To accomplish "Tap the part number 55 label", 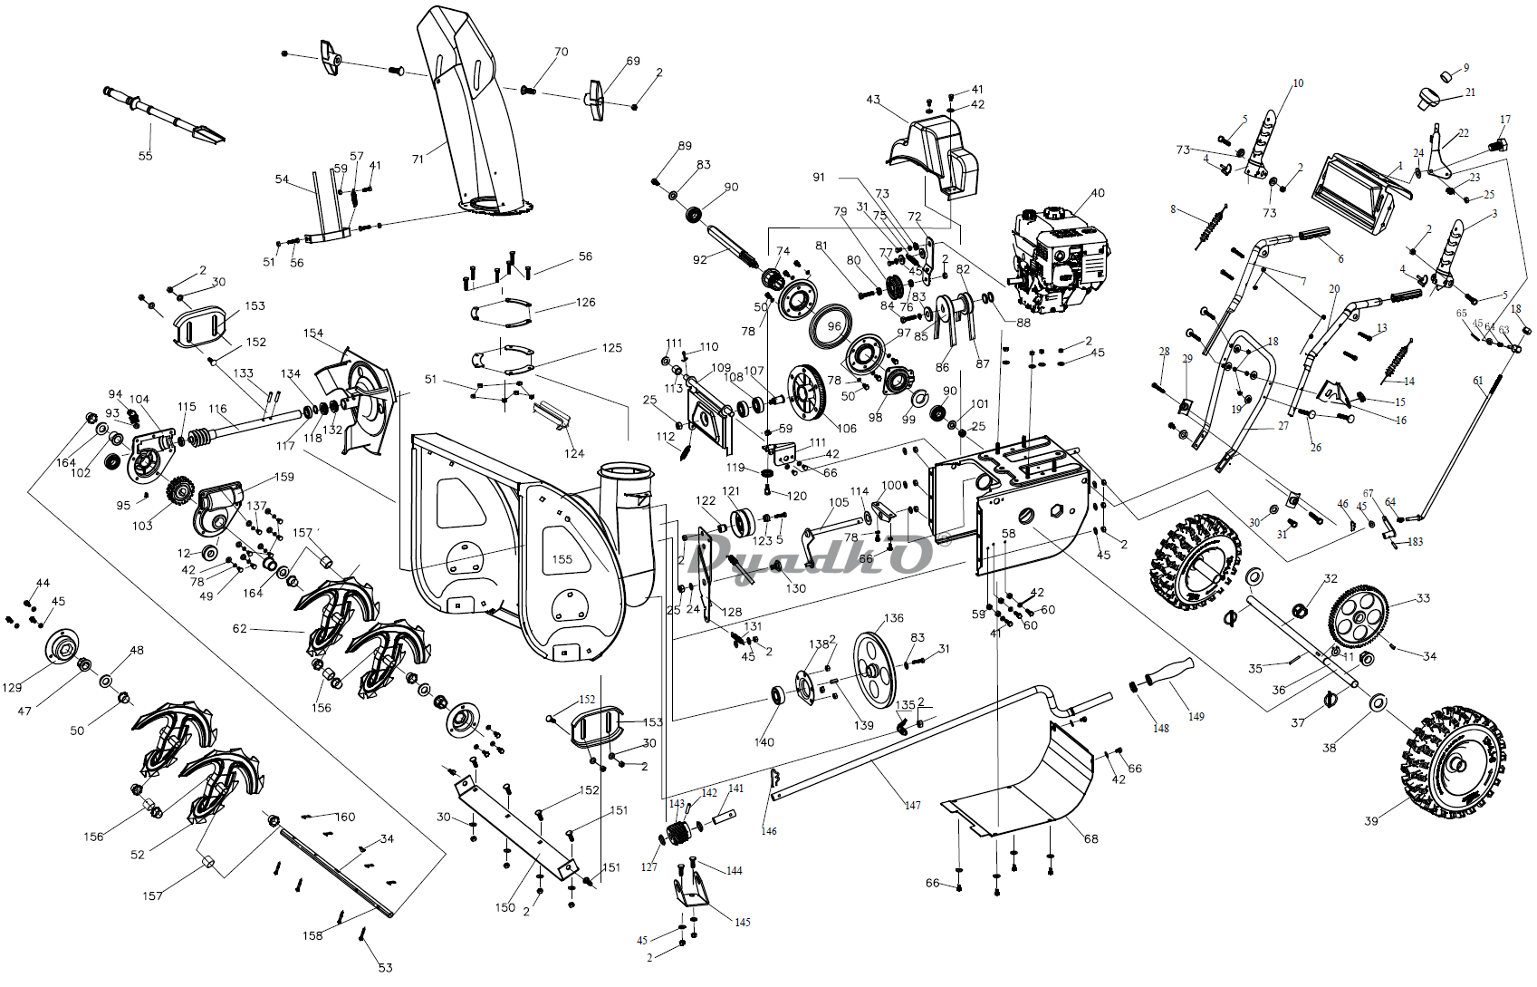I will [146, 156].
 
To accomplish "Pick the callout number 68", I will [1090, 838].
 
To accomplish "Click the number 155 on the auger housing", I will [562, 559].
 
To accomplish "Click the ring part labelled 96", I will [833, 326].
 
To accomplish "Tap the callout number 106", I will [846, 429].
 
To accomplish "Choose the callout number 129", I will [12, 687].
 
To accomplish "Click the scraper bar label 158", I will [312, 935].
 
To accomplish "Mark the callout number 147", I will [912, 805].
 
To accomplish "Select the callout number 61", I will [1478, 381].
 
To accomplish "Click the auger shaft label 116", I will [217, 409].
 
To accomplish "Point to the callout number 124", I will [574, 453].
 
